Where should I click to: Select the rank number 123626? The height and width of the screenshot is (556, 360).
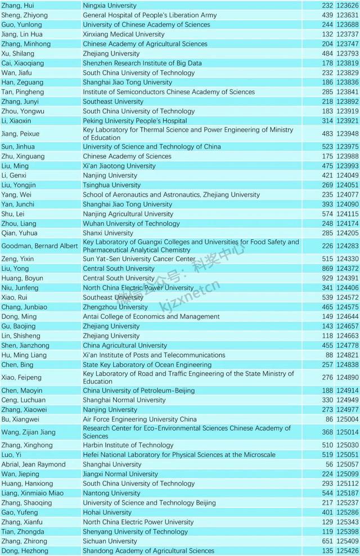click(348, 6)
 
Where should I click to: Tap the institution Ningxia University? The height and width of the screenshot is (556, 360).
click(110, 6)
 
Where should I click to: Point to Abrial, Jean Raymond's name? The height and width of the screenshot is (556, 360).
click(34, 464)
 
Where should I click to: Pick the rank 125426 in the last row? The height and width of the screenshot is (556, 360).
click(348, 551)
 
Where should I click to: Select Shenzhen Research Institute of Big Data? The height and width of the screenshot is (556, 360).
click(142, 63)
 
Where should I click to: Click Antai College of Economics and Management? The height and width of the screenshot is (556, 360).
click(151, 317)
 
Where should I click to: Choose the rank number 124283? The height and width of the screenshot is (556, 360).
click(348, 246)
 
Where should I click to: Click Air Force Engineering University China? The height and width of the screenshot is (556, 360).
click(140, 419)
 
